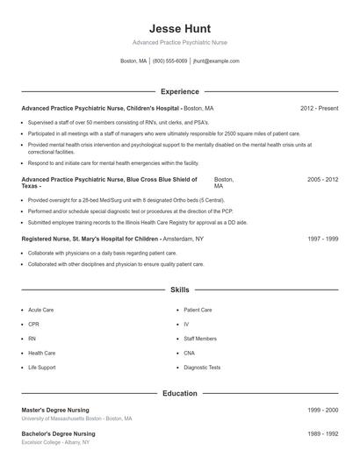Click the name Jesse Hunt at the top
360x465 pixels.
click(180, 28)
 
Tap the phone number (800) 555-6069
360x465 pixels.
click(169, 61)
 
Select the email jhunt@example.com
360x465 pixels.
click(216, 61)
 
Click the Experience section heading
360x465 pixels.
click(180, 91)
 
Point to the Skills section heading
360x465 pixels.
click(180, 289)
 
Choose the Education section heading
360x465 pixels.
click(180, 394)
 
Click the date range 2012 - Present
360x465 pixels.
click(319, 108)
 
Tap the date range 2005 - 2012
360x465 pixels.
click(322, 179)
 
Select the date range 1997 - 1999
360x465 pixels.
click(323, 238)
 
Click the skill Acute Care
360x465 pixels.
click(41, 310)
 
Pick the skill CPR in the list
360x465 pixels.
click(33, 324)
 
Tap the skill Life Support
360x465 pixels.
click(42, 367)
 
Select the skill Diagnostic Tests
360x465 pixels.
click(202, 367)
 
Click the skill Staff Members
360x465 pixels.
click(200, 338)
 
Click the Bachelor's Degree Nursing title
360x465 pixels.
click(60, 433)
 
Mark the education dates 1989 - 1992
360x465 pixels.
click(323, 433)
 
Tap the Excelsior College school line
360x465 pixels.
click(57, 443)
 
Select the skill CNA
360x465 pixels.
click(190, 353)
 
